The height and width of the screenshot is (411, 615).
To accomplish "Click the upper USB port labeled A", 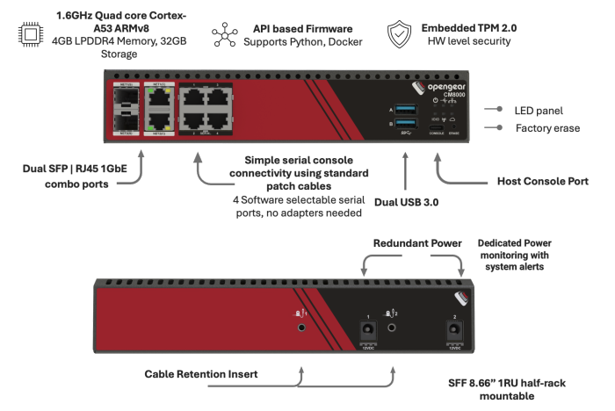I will pos(409,109).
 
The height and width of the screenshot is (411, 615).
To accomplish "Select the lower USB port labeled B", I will pos(409,125).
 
